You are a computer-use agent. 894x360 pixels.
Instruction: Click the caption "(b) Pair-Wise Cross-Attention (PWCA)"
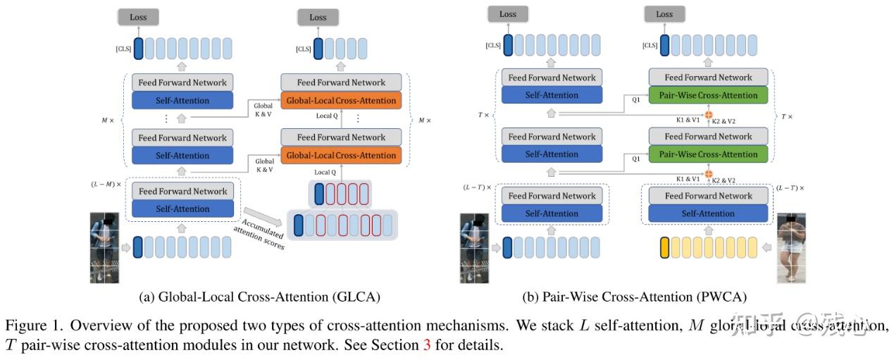coord(634,297)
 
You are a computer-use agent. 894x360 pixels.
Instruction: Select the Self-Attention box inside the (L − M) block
coord(182,209)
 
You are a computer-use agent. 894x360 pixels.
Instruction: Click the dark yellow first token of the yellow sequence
coord(664,248)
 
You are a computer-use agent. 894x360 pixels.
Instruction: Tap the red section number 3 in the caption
coord(426,346)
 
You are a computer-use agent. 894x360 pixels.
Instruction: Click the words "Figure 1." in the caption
coord(29,326)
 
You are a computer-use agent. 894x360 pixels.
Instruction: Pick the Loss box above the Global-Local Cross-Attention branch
coord(318,18)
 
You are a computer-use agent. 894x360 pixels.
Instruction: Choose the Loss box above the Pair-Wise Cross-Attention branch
coord(664,14)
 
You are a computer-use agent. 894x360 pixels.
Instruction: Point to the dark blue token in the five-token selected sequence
coord(320,193)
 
